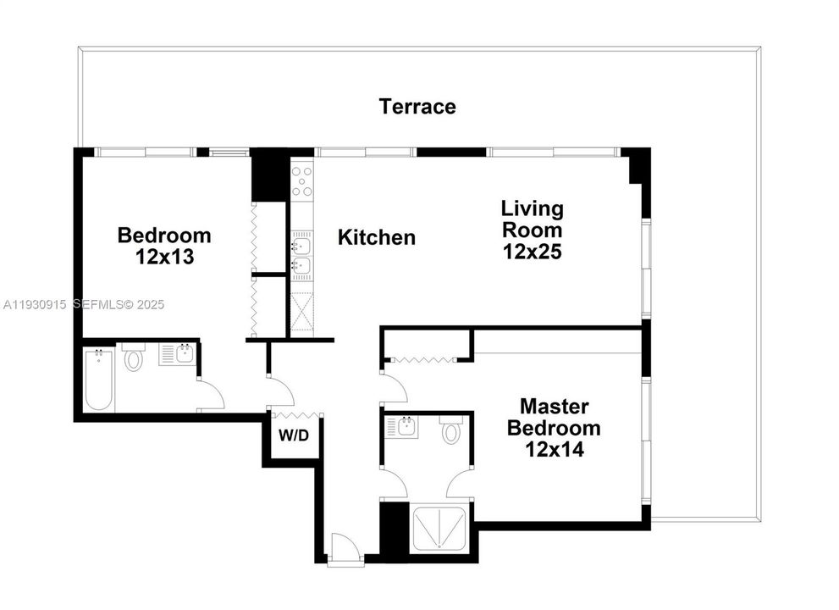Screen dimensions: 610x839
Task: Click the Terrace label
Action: pos(417,107)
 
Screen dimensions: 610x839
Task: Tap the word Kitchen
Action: pos(377,237)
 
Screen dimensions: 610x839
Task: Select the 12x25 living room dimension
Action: pos(532,252)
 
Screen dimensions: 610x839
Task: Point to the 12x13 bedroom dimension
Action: pos(164,257)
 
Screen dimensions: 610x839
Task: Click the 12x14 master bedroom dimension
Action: pos(554,449)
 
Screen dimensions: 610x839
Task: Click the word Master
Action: pos(554,406)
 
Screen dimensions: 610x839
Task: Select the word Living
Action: pos(532,208)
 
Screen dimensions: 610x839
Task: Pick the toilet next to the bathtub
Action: pos(134,358)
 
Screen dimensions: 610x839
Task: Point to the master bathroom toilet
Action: pos(451,433)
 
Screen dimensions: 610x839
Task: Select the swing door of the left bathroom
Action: pos(210,394)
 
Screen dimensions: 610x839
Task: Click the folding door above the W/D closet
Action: pos(295,414)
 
